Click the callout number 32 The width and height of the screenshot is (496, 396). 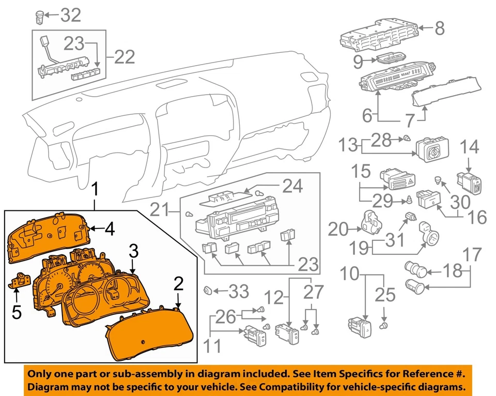click(x=71, y=16)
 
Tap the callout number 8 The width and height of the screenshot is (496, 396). click(x=439, y=28)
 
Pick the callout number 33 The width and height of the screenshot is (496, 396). click(x=239, y=293)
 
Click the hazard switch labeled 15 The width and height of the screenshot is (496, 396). click(x=395, y=180)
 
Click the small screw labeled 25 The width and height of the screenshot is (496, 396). click(x=384, y=325)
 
